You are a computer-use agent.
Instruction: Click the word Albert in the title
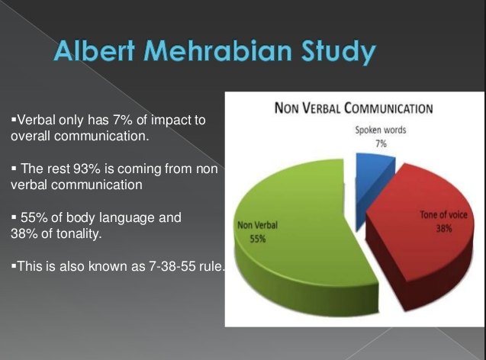95,50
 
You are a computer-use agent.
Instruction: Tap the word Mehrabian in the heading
217,50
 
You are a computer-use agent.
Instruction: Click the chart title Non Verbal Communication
354,108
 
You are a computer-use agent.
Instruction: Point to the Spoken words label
381,130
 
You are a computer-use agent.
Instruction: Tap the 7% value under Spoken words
381,143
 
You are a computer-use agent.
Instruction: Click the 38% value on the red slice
444,229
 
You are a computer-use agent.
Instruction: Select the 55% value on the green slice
258,239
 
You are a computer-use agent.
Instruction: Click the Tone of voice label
443,214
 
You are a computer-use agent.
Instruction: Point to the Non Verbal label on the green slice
257,225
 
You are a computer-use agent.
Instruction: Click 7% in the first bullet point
122,120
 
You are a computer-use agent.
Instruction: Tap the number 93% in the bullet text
87,169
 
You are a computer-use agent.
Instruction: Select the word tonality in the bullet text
79,233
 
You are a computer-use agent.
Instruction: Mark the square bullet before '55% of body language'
14,217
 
